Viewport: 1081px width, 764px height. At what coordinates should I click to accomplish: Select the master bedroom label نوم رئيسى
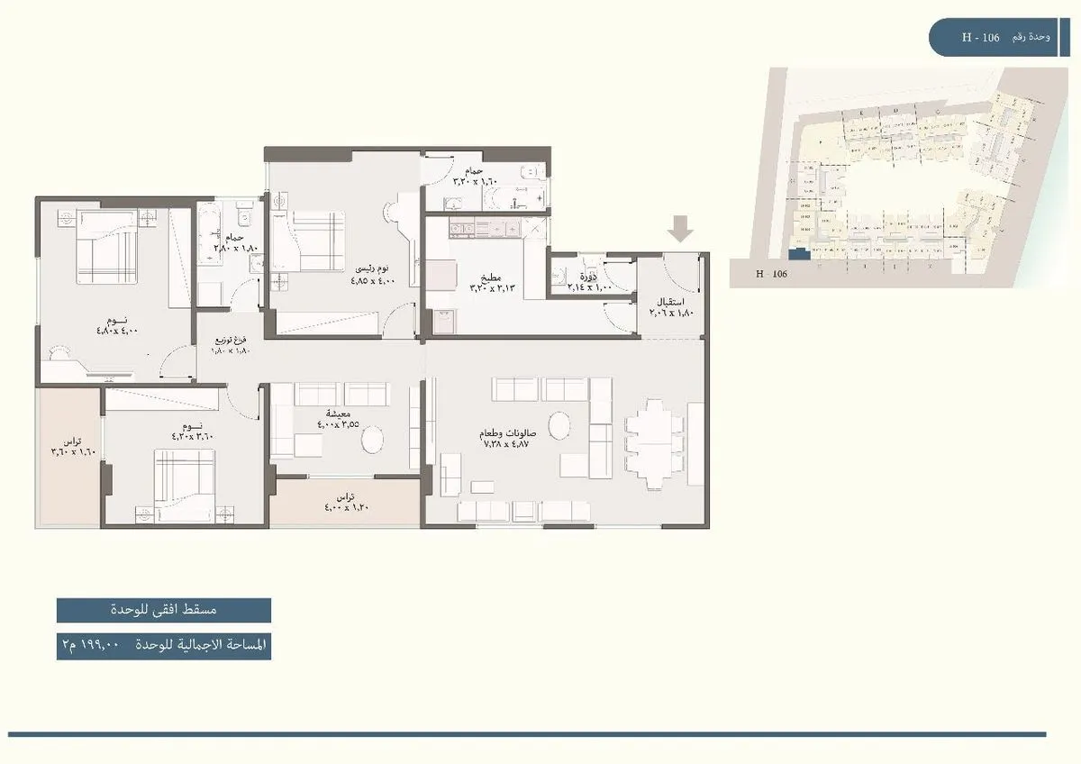pyautogui.click(x=371, y=268)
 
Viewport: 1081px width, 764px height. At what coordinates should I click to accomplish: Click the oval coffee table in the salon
pyautogui.click(x=559, y=425)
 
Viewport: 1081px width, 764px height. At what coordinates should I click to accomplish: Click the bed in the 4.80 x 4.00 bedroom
pyautogui.click(x=106, y=247)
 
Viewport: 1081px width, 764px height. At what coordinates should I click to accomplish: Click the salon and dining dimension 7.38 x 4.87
pyautogui.click(x=509, y=444)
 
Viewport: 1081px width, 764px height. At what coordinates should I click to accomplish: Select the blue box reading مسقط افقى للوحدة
pyautogui.click(x=163, y=610)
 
